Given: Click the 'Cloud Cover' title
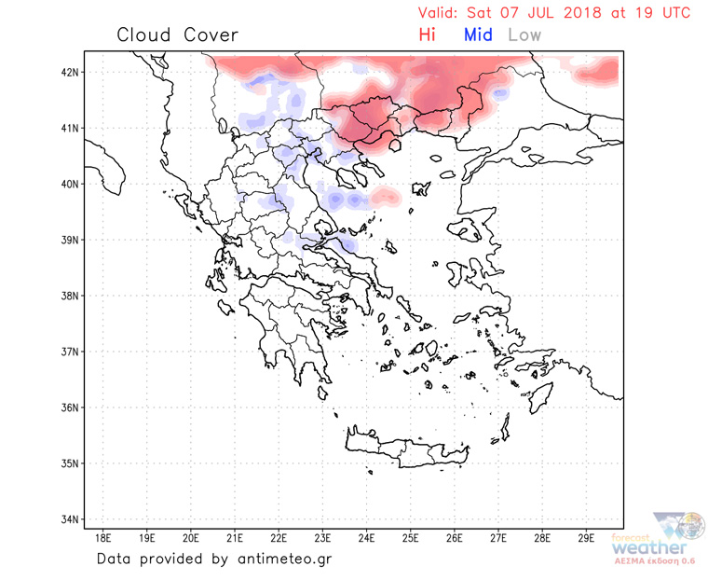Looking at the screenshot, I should [177, 35].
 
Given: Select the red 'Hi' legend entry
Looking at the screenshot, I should [428, 35].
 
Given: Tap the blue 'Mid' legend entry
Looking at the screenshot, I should [478, 35].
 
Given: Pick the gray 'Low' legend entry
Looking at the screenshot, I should [524, 35].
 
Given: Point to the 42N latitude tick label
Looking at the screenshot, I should [70, 72].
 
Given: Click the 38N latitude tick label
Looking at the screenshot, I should [70, 296].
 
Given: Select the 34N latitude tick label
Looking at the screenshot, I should [70, 519].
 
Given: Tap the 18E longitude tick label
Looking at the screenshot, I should [103, 538].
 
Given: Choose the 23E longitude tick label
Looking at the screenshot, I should [322, 538].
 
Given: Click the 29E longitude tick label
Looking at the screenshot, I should [586, 538].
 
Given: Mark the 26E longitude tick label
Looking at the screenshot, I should [455, 538].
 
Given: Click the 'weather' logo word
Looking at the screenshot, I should [652, 547].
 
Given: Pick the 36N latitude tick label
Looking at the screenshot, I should [70, 407].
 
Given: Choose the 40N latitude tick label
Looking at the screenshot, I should [70, 184].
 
